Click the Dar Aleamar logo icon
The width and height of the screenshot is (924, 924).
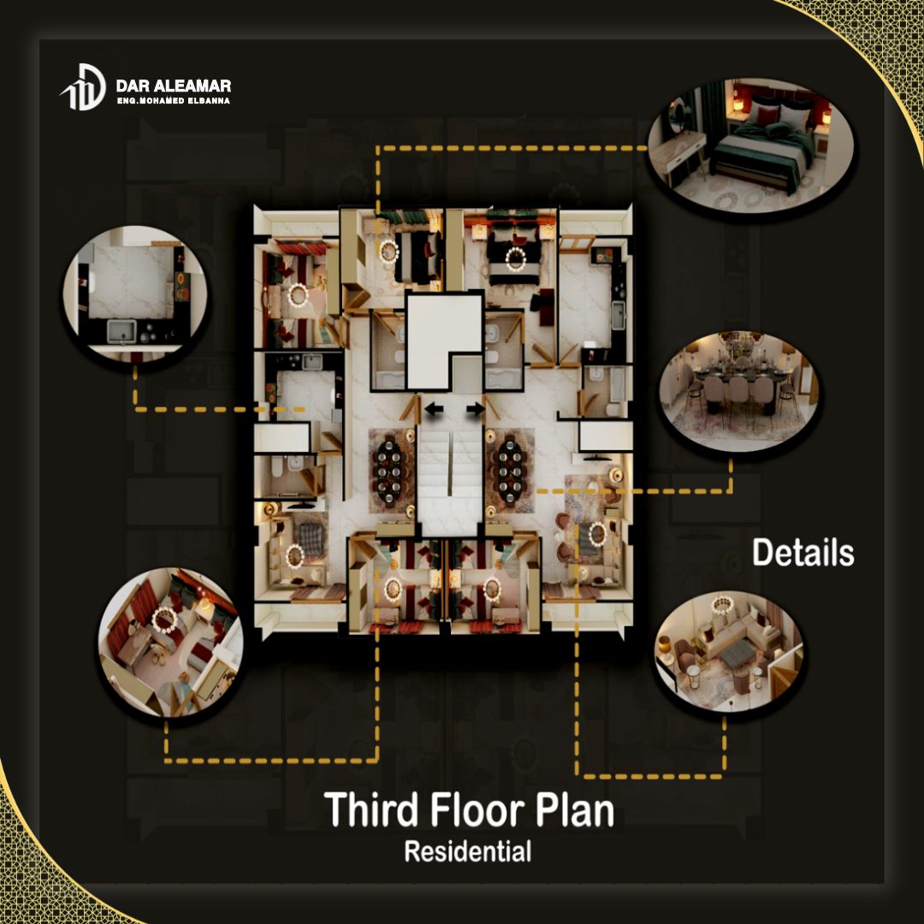(x=84, y=87)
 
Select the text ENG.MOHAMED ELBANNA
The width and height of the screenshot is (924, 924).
(x=173, y=101)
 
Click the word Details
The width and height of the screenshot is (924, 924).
(x=803, y=553)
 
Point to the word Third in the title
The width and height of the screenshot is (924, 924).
(x=370, y=809)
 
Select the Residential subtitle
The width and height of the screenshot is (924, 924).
(x=468, y=851)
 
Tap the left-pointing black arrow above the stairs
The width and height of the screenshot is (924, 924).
(x=435, y=409)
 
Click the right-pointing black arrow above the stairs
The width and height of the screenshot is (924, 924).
(x=475, y=409)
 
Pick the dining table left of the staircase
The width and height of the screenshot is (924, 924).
(x=389, y=471)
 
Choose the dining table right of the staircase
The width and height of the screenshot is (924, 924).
(x=510, y=471)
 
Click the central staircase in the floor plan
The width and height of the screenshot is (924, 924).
(x=451, y=477)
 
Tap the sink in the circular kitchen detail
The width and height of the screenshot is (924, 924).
(x=121, y=331)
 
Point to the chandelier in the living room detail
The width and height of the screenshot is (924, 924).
(x=722, y=604)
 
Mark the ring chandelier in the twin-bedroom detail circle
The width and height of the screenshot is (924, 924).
(x=164, y=620)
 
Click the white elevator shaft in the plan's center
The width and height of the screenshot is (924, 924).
(x=444, y=341)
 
